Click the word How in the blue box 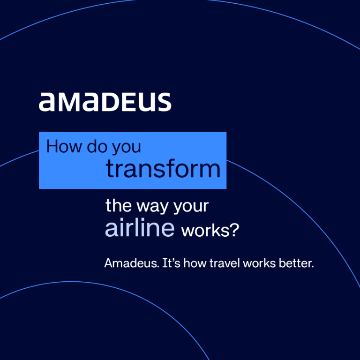point(60,147)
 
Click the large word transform point(163,168)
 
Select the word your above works point(191,207)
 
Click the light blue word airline point(140,228)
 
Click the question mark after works point(233,230)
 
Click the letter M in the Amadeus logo point(67,103)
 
